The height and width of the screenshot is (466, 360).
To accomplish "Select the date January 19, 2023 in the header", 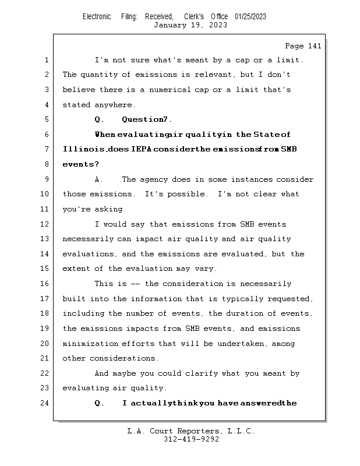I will pyautogui.click(x=190, y=25).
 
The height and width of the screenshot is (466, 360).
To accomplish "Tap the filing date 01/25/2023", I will pyautogui.click(x=250, y=17).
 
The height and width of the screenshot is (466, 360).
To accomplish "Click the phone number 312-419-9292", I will pyautogui.click(x=191, y=439).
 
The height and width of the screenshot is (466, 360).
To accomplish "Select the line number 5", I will pyautogui.click(x=46, y=119).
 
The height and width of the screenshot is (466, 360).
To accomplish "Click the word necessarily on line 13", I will pyautogui.click(x=88, y=239).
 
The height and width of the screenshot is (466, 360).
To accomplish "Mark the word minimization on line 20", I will pyautogui.click(x=90, y=344).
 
